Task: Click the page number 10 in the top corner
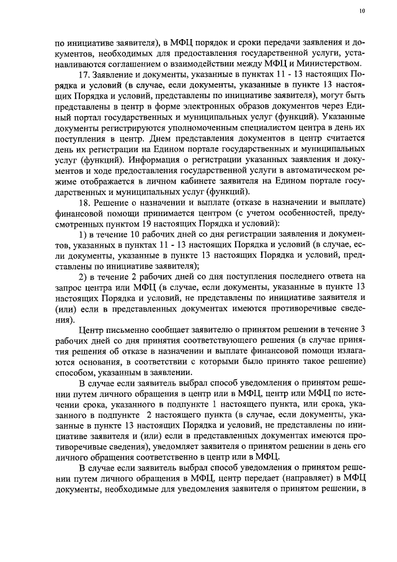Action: click(362, 11)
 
